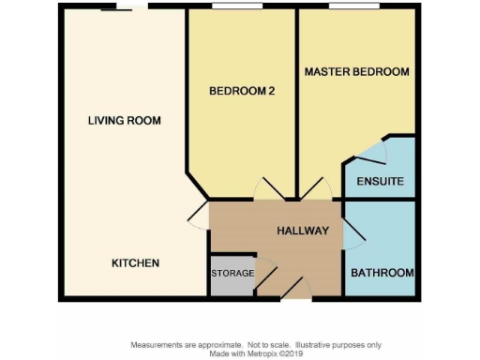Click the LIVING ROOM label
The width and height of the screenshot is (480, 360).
pyautogui.click(x=124, y=120)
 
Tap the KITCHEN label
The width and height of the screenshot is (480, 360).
pyautogui.click(x=135, y=262)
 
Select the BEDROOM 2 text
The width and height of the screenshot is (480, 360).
pyautogui.click(x=241, y=91)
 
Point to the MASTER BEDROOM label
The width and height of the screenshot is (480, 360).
pyautogui.click(x=357, y=72)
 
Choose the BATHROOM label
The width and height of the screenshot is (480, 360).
pyautogui.click(x=382, y=273)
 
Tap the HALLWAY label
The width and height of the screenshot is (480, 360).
pyautogui.click(x=302, y=231)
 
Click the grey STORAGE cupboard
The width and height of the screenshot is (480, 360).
pyautogui.click(x=230, y=276)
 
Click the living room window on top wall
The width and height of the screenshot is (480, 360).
pyautogui.click(x=123, y=8)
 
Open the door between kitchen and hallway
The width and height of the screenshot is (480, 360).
pyautogui.click(x=198, y=217)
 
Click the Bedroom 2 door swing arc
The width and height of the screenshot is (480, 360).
pyautogui.click(x=267, y=188)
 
